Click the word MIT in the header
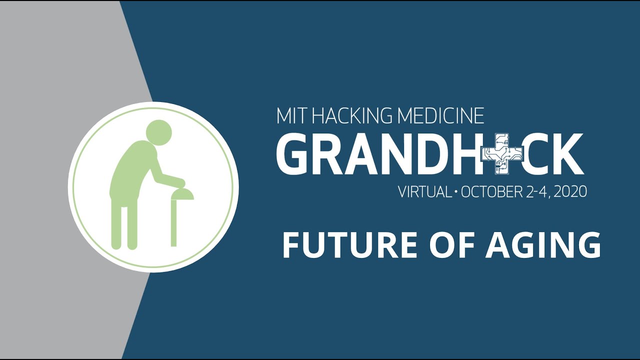(x=291, y=116)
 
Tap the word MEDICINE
(x=440, y=116)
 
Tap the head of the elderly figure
(x=159, y=131)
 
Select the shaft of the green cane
(x=174, y=222)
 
